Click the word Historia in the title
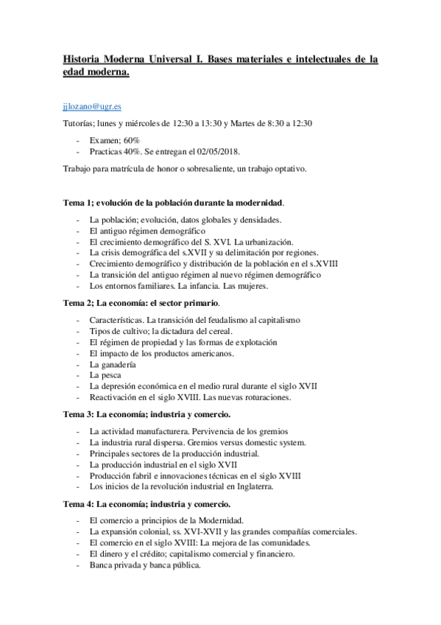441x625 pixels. point(84,60)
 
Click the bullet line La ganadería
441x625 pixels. point(113,364)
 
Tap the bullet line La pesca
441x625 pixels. point(105,375)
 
